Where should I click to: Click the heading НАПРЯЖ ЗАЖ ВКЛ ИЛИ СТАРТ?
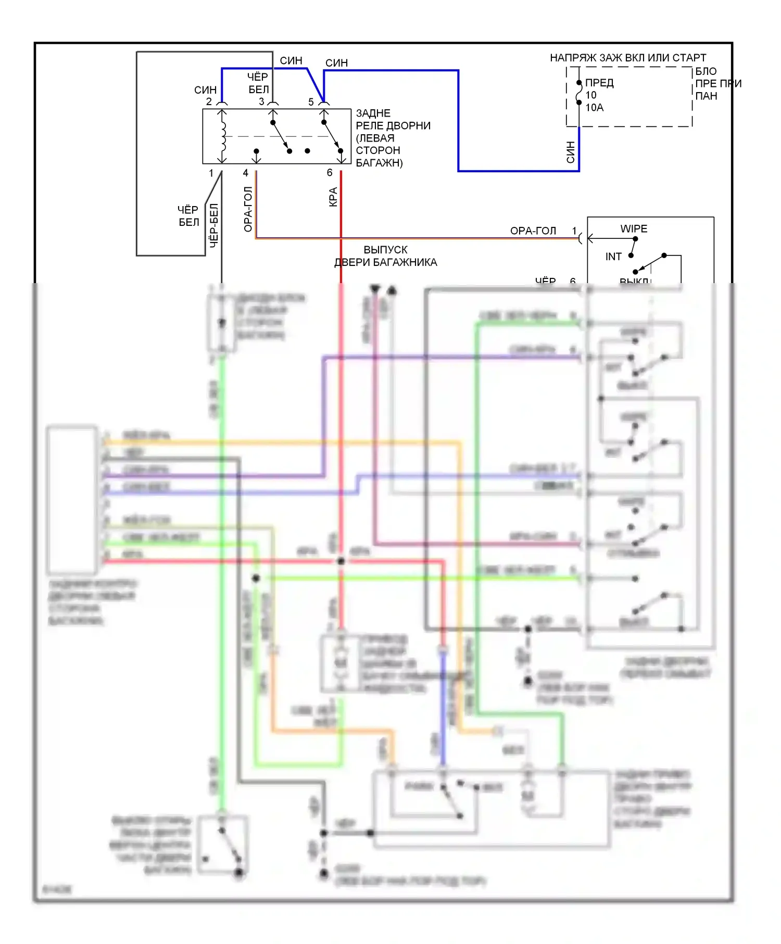[627, 58]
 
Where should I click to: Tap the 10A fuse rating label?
[594, 108]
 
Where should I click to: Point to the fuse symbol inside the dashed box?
[579, 93]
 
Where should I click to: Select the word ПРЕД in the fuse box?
[599, 83]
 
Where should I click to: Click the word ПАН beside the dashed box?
[706, 96]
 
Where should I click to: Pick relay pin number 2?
[209, 102]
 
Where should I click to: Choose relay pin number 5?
[311, 102]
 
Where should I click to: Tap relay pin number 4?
[246, 173]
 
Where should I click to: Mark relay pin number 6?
[330, 173]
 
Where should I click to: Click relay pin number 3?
[261, 102]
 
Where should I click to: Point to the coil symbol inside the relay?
[223, 136]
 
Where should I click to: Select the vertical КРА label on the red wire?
[333, 197]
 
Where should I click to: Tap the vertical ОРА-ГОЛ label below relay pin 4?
[248, 209]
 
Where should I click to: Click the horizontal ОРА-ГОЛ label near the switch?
[533, 231]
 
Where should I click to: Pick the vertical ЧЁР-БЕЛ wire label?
[213, 225]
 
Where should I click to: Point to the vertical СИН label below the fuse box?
[571, 152]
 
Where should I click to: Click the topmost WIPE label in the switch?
[634, 229]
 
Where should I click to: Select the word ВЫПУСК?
[385, 250]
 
